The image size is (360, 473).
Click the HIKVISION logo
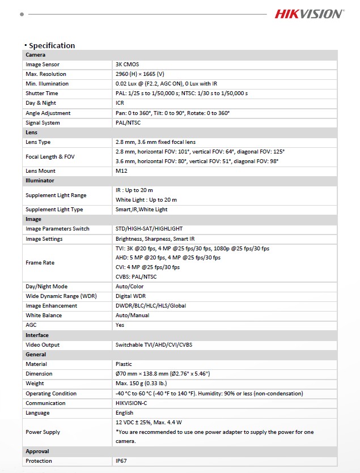coord(309,14)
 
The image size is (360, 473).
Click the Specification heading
coord(52,45)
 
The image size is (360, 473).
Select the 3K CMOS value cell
coord(127,65)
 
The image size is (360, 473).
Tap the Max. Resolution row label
coord(46,74)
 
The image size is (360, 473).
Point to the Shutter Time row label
coord(42,93)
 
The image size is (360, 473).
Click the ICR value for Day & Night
coord(120,103)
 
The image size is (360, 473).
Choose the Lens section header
coord(32,132)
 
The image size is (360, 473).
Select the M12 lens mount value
coord(121,171)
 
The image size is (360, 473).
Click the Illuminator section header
coord(40,180)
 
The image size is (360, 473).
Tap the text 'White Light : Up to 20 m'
coord(146,200)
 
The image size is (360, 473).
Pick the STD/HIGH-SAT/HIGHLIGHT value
coord(149,229)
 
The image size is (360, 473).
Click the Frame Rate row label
coord(40,262)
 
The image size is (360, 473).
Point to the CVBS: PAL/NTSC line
coord(136,277)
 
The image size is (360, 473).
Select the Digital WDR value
coord(132,296)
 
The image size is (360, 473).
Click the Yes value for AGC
coord(120,325)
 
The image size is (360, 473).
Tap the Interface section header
coord(37,335)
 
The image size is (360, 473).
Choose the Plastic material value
coord(124,364)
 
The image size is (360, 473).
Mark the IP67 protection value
coord(121,461)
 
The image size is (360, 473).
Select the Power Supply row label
coord(43,432)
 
